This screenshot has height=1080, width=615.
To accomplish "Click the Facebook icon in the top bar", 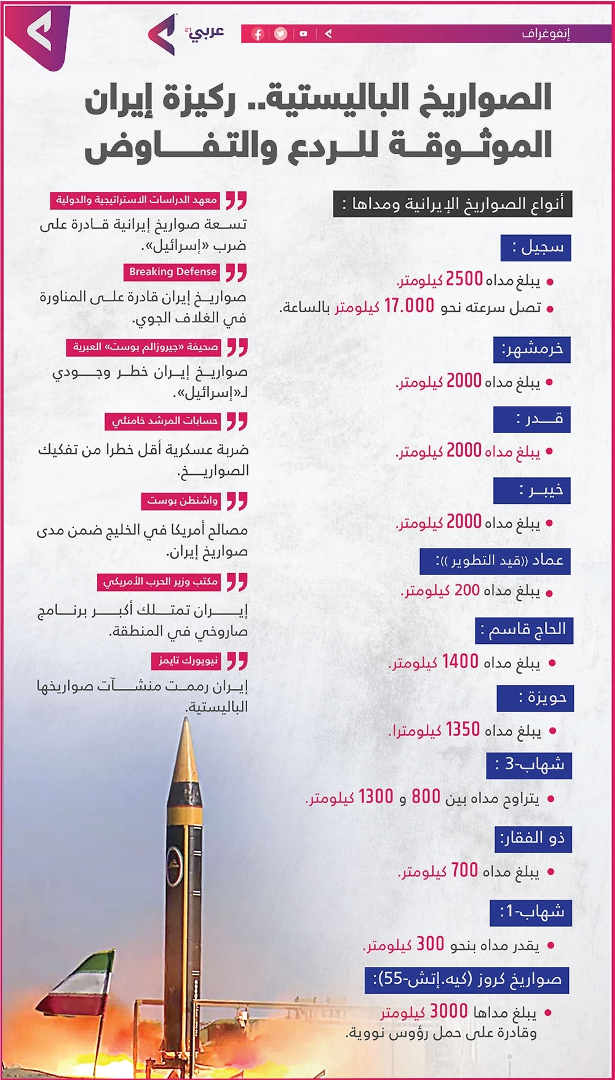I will (258, 34).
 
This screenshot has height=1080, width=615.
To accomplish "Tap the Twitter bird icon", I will (281, 34).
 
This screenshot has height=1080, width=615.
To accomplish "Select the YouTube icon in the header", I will (303, 34).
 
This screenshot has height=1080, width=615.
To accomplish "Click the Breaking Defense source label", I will (173, 272).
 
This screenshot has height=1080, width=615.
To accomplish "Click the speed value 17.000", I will (409, 306).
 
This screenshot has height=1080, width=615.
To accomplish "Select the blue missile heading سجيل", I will (536, 247).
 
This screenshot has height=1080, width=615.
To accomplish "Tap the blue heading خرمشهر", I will (532, 349).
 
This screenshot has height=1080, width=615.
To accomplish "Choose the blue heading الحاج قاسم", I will (524, 630).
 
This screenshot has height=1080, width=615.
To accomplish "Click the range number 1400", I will (460, 662).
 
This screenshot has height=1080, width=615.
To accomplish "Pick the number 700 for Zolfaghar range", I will (464, 870).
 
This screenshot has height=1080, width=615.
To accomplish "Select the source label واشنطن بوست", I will (182, 501).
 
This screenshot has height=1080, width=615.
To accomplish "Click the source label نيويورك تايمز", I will (188, 661).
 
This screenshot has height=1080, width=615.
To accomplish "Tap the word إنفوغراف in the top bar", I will (546, 34).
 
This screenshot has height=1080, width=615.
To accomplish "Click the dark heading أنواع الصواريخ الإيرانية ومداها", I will (453, 204).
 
